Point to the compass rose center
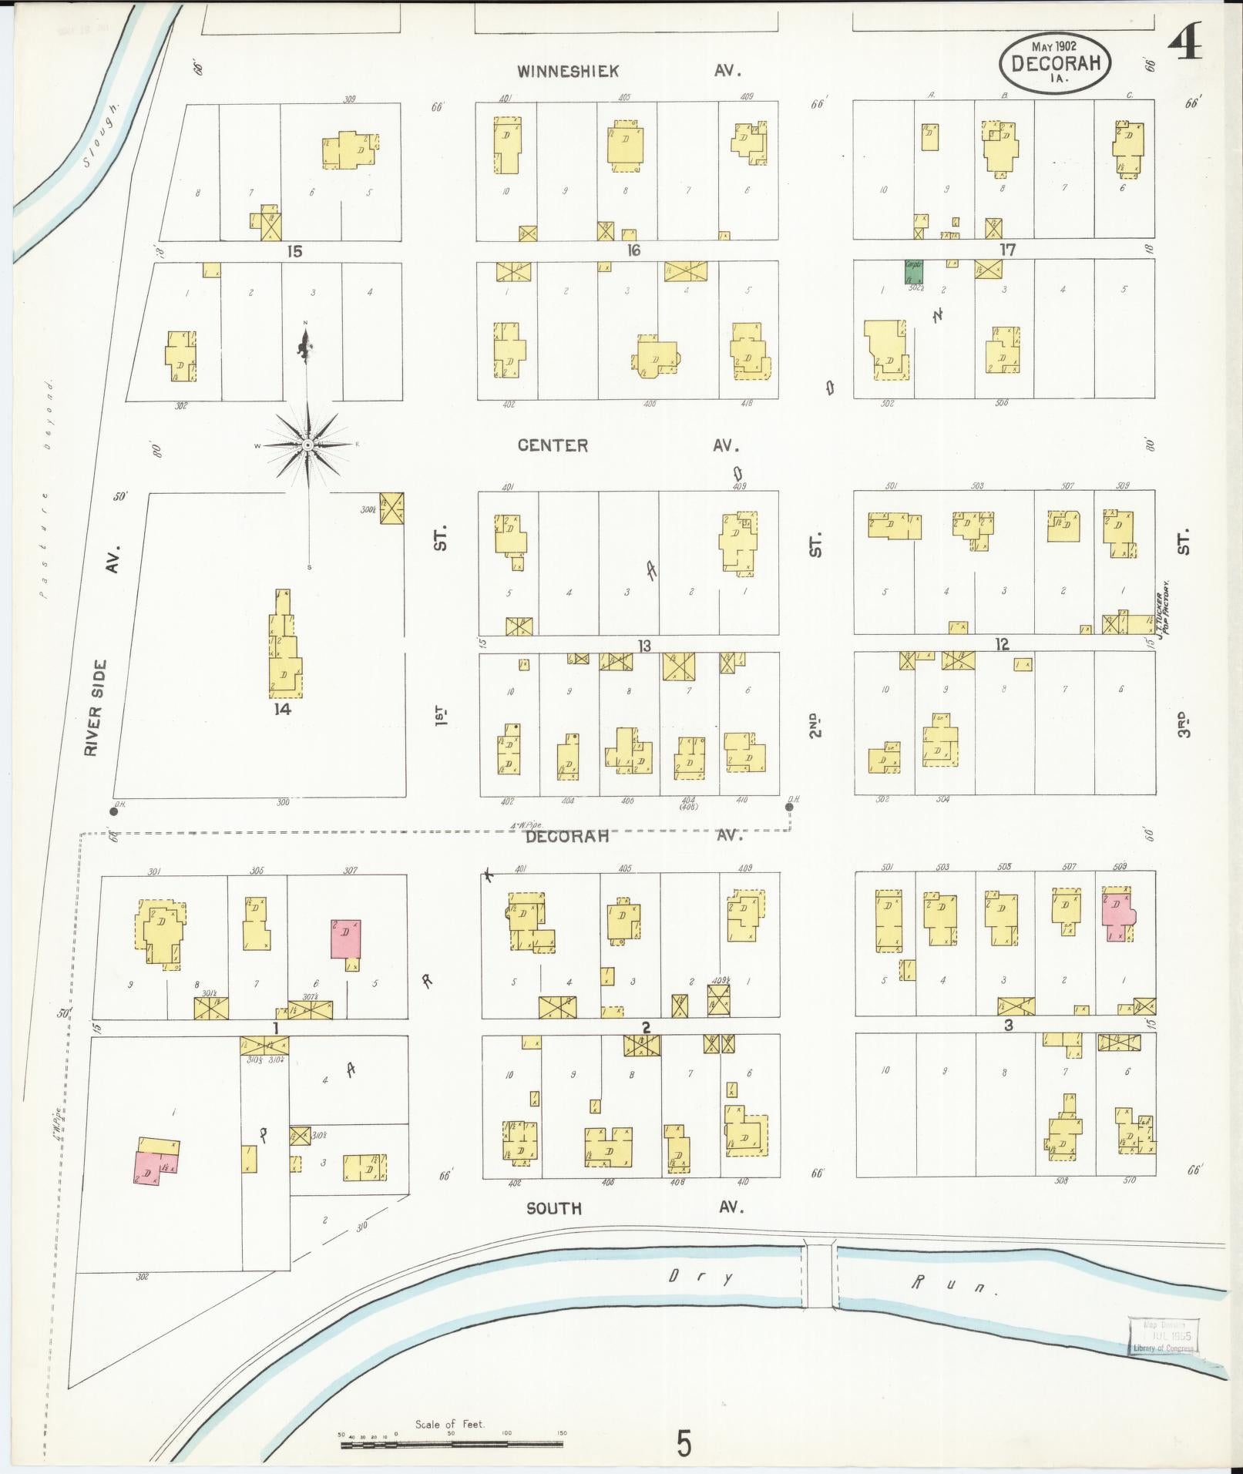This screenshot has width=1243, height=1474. pyautogui.click(x=307, y=445)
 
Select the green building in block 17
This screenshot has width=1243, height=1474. pyautogui.click(x=913, y=271)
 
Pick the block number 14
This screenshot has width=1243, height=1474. pyautogui.click(x=282, y=709)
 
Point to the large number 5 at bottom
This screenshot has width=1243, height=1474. pyautogui.click(x=684, y=1442)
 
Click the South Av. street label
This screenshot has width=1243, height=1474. pyautogui.click(x=553, y=1208)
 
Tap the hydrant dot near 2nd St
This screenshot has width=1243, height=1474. pyautogui.click(x=788, y=808)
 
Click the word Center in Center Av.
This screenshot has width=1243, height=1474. pyautogui.click(x=552, y=445)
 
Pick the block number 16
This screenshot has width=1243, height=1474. pyautogui.click(x=633, y=250)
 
